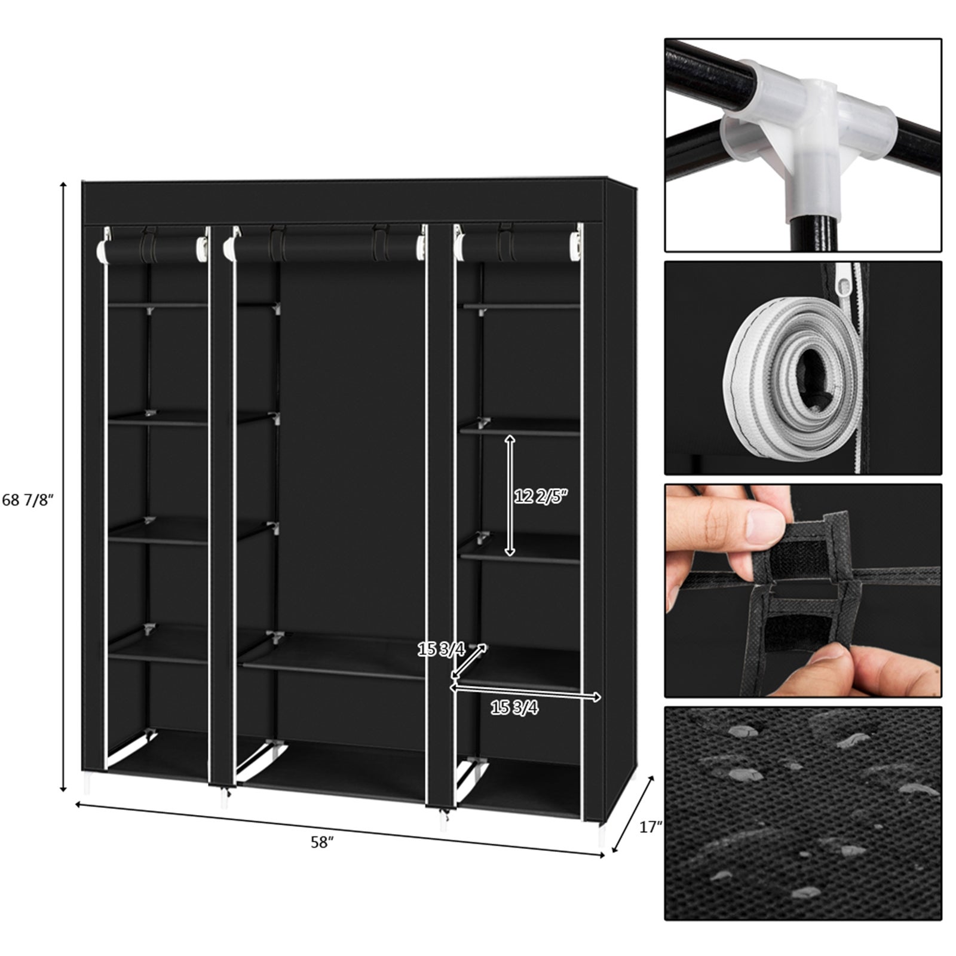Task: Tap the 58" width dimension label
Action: [321, 842]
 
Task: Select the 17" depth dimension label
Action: [651, 828]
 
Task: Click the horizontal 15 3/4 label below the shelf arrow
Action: [514, 708]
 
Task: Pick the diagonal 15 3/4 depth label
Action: [441, 649]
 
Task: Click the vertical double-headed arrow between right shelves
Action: [509, 495]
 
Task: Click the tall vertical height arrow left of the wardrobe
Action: [63, 487]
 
